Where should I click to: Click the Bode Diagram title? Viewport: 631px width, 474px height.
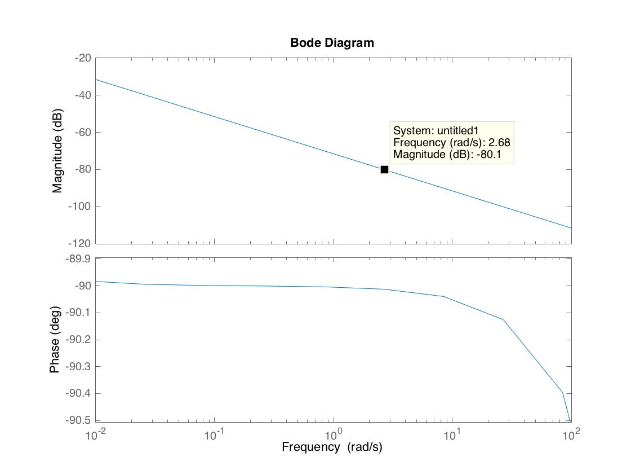click(332, 42)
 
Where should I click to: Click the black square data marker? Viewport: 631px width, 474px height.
click(384, 169)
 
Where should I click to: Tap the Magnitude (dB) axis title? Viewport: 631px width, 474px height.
click(57, 151)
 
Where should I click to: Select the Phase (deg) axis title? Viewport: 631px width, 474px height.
click(55, 340)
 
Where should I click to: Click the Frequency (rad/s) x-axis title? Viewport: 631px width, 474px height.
click(332, 447)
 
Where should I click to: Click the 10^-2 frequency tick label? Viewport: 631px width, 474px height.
click(96, 434)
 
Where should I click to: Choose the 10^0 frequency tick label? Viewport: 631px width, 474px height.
click(334, 434)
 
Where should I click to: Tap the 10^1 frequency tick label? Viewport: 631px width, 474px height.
click(452, 434)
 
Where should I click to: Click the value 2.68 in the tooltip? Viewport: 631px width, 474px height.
click(499, 142)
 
